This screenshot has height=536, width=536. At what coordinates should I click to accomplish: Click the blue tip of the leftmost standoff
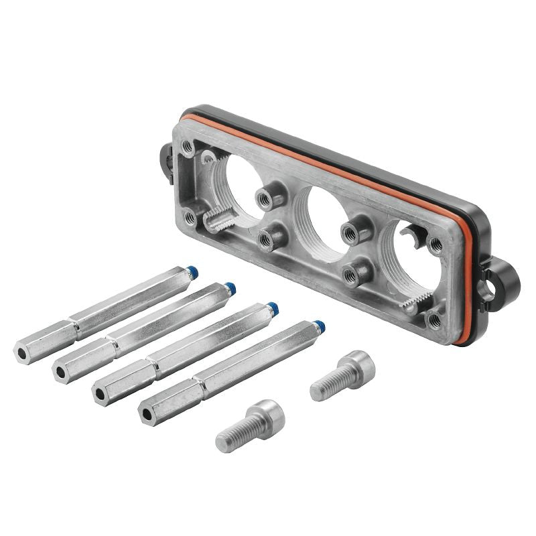192,273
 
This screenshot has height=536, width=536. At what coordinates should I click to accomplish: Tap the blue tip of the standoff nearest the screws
320,327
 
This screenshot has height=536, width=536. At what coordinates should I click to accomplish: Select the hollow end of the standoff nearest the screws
146,413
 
